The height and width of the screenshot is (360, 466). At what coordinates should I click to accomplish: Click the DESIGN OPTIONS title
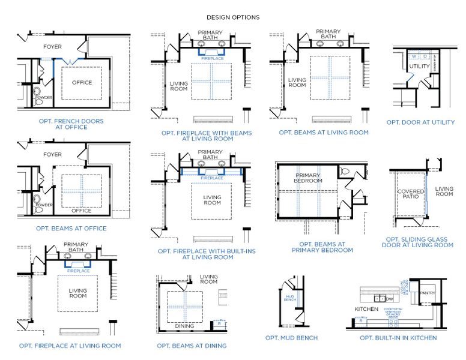click(233, 17)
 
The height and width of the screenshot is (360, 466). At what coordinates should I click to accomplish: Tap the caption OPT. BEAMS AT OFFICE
click(71, 228)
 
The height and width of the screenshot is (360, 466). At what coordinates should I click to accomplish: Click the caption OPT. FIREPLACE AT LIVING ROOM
click(70, 346)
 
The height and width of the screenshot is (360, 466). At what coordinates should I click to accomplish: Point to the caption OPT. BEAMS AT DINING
click(192, 346)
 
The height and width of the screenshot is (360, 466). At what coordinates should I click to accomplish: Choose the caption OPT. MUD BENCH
click(291, 338)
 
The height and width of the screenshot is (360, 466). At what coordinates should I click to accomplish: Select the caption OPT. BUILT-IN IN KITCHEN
click(398, 338)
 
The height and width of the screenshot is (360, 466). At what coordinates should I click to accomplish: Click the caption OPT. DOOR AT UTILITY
click(420, 122)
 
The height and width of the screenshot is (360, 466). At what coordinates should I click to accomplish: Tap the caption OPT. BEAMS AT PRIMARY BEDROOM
click(322, 247)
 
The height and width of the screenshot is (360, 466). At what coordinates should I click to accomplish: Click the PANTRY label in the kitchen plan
click(428, 293)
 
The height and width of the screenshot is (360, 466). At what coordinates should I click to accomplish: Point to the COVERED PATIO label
click(411, 194)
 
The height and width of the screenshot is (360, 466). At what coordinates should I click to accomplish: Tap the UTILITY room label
click(419, 66)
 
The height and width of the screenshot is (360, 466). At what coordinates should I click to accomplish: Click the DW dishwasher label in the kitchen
click(390, 298)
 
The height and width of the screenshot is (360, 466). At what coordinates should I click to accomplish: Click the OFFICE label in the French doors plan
click(82, 82)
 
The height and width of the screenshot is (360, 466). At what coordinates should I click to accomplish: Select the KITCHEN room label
click(366, 309)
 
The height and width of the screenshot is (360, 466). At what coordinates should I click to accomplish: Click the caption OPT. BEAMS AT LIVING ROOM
click(324, 132)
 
